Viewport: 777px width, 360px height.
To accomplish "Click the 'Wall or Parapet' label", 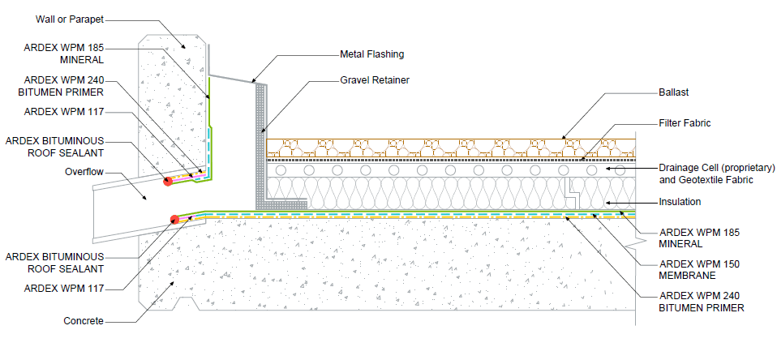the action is tap(70, 19).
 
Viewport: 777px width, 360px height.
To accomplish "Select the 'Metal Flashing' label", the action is tap(371, 54).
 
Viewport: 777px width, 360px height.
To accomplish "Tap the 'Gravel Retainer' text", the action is tap(375, 79).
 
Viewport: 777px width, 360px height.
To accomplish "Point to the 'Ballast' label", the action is tap(674, 92).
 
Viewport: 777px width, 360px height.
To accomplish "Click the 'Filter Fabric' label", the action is tap(685, 122).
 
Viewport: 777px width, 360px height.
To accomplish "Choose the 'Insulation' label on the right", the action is tap(680, 202).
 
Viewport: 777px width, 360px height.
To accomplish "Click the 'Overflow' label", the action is tap(84, 172).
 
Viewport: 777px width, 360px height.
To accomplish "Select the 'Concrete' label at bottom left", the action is tap(84, 321).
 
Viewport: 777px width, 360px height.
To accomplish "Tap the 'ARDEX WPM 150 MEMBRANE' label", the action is tap(699, 270).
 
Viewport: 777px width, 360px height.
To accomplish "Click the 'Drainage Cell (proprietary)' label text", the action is tap(716, 168).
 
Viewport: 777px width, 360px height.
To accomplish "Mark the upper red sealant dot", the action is tap(168, 182).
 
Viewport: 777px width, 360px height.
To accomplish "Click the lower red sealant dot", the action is tap(174, 220).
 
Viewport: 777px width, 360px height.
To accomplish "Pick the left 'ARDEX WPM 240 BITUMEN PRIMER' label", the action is tap(64, 86).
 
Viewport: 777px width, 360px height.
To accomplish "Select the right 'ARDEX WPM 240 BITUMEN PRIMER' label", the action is tap(702, 302).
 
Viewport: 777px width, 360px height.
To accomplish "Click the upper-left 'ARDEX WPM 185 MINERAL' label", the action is tap(64, 54).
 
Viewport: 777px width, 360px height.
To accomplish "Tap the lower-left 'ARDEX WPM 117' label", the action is tap(64, 288).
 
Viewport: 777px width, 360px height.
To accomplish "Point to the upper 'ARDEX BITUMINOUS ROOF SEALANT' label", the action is tap(55, 147).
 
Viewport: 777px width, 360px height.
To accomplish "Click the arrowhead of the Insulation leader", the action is tap(609, 202).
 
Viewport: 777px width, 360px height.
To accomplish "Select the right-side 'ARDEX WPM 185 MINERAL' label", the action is tap(699, 238).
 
